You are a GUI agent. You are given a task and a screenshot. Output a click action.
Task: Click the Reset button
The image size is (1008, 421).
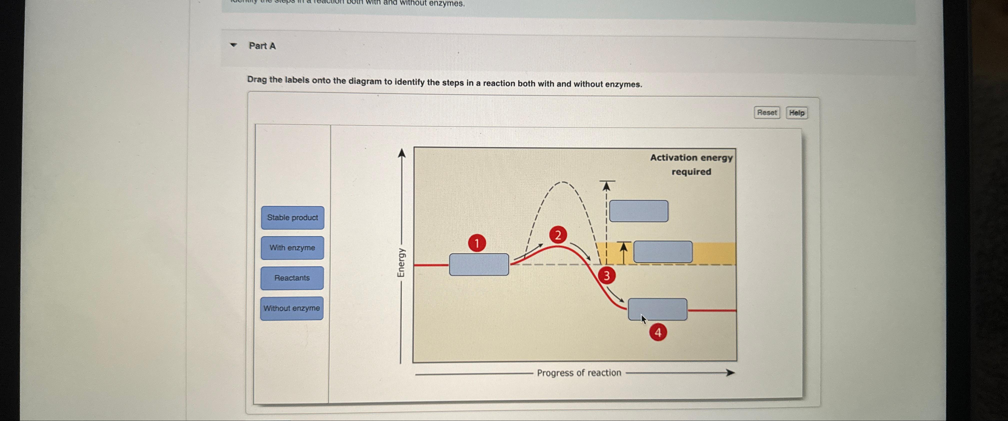[x=766, y=113]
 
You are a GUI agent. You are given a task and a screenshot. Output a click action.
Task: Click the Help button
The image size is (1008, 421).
[x=796, y=113]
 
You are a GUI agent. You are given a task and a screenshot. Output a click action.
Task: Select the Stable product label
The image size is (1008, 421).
[x=292, y=218]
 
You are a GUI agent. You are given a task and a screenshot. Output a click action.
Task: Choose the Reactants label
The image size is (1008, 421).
[x=292, y=278]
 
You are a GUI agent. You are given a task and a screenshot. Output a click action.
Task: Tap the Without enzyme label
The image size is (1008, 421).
[x=291, y=308]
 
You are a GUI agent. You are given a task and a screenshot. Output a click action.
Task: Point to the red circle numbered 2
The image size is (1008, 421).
[x=557, y=235]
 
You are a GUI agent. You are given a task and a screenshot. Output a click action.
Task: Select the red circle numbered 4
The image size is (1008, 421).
[x=658, y=333]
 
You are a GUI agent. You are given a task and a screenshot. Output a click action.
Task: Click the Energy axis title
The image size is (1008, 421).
[x=401, y=263]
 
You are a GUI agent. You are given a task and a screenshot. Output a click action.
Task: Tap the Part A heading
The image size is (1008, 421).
[x=262, y=46]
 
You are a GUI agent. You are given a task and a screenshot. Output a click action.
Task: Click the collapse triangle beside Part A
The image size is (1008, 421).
[x=233, y=45]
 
